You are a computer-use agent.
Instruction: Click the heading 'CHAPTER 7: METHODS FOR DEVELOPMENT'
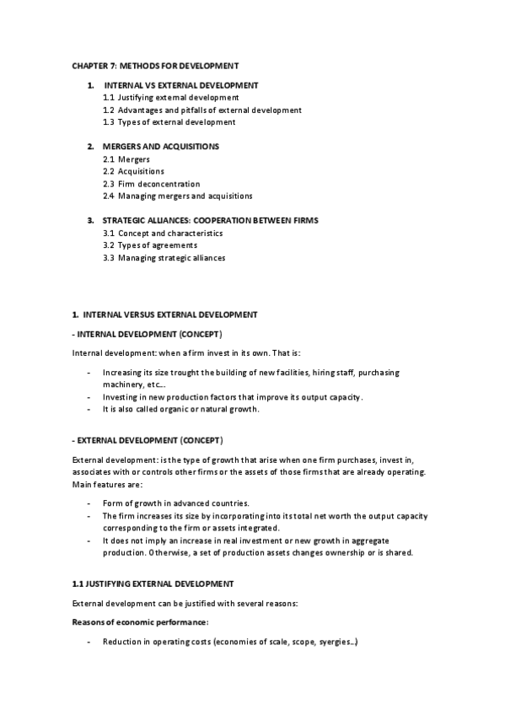pos(155,64)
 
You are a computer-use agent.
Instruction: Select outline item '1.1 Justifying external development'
pos(165,98)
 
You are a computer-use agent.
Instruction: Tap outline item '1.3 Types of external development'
pos(169,122)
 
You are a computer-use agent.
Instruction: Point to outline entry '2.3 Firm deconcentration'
pos(151,184)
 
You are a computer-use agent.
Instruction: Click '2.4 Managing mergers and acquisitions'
pos(177,196)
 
